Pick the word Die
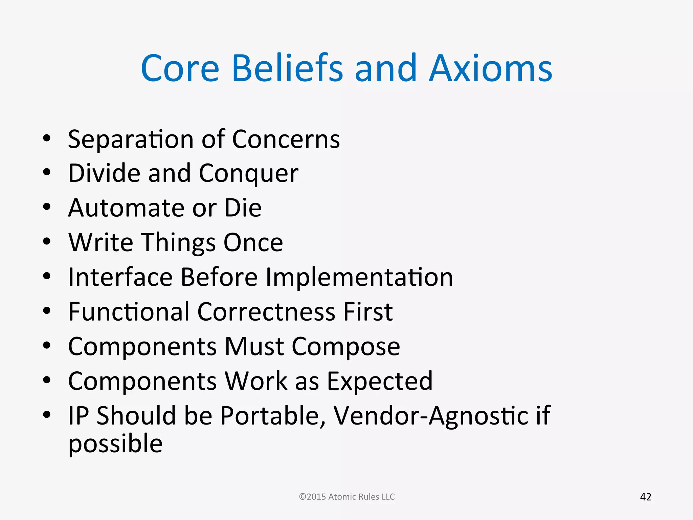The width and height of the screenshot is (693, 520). point(243,208)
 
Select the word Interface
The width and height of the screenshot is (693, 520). point(120,277)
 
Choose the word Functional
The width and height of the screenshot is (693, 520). point(129,312)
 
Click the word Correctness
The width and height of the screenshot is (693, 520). point(266,312)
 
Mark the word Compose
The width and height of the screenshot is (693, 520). point(346,347)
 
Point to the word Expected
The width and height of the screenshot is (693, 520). point(380,382)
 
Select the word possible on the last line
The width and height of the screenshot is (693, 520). point(115,444)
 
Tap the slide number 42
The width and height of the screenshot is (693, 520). point(646,497)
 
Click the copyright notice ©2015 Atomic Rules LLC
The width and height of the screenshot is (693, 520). point(347,497)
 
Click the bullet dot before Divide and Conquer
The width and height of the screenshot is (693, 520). point(47,172)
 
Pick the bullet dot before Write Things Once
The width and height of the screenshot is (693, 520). point(47,241)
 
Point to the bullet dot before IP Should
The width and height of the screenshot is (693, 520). point(47,414)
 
